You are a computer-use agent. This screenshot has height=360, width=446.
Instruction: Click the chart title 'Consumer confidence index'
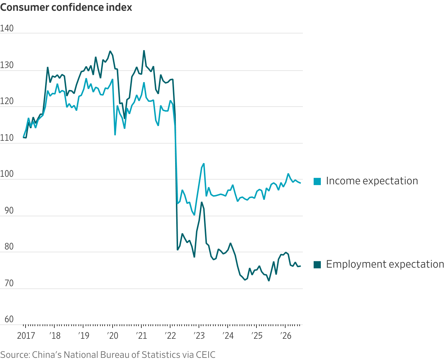66,8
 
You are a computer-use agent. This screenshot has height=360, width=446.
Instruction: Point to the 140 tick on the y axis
6,28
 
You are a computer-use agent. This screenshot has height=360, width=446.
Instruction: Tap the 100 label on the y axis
6,174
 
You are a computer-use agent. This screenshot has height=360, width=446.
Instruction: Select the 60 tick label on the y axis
9,319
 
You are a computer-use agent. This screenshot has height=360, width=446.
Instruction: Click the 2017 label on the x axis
26,336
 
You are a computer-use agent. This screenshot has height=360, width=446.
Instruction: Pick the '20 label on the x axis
112,336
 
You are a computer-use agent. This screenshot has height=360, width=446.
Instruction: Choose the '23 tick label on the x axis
199,336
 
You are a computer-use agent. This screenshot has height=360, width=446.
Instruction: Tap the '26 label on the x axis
286,336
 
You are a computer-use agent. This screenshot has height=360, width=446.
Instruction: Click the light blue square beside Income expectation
317,181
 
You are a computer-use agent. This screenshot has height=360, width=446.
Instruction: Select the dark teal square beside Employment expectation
317,265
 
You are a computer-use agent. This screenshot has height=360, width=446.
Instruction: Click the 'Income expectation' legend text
372,181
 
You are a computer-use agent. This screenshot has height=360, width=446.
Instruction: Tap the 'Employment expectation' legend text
385,264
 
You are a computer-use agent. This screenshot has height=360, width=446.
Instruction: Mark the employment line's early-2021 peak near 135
144,51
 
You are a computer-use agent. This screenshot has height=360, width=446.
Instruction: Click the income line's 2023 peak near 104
204,164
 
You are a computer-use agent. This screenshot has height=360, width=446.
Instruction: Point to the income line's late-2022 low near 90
194,215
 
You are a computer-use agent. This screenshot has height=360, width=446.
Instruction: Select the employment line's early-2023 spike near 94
201,202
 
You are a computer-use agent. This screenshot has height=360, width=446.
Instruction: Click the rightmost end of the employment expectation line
301,266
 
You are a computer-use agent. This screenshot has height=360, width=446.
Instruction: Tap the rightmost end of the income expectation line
301,183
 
